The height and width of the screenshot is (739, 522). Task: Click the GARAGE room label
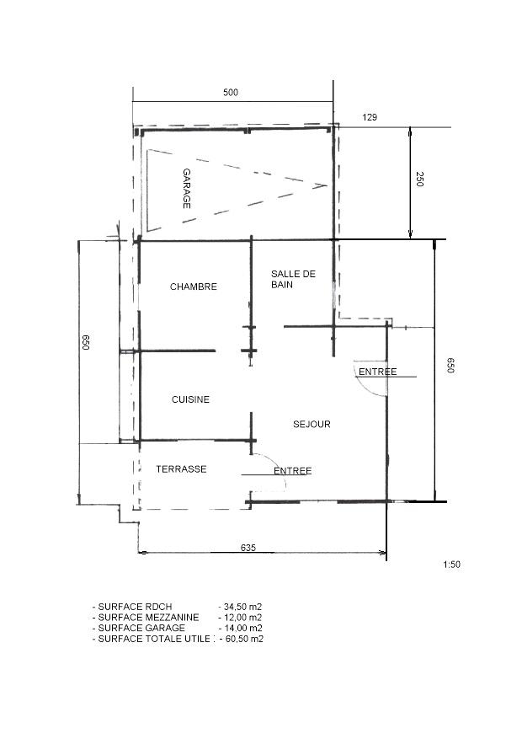pyautogui.click(x=187, y=189)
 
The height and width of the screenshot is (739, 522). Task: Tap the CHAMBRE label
pyautogui.click(x=194, y=286)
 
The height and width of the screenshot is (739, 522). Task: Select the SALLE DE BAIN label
pyautogui.click(x=293, y=279)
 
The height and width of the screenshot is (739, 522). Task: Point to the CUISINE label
pyautogui.click(x=190, y=399)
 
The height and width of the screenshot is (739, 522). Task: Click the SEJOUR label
pyautogui.click(x=312, y=424)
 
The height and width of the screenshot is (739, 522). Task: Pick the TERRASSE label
pyautogui.click(x=181, y=469)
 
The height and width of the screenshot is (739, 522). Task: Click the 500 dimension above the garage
pyautogui.click(x=231, y=93)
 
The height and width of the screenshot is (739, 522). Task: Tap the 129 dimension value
pyautogui.click(x=370, y=117)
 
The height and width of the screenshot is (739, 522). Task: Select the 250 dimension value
pyautogui.click(x=420, y=179)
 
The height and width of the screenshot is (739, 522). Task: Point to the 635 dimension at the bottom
pyautogui.click(x=248, y=548)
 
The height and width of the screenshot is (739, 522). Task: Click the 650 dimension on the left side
pyautogui.click(x=86, y=342)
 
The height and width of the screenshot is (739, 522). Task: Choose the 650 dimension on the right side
pyautogui.click(x=450, y=365)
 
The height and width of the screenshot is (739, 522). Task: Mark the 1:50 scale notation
pyautogui.click(x=451, y=564)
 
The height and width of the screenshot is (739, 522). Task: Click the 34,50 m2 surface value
pyautogui.click(x=242, y=607)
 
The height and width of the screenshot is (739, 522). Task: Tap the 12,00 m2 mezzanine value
pyautogui.click(x=242, y=618)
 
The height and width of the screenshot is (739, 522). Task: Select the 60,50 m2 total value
pyautogui.click(x=243, y=639)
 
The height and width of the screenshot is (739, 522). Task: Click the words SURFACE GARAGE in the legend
pyautogui.click(x=141, y=629)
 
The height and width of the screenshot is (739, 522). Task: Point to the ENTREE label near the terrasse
pyautogui.click(x=293, y=471)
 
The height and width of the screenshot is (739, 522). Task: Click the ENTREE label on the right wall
pyautogui.click(x=377, y=372)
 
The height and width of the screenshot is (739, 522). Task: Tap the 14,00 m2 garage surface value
pyautogui.click(x=242, y=629)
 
